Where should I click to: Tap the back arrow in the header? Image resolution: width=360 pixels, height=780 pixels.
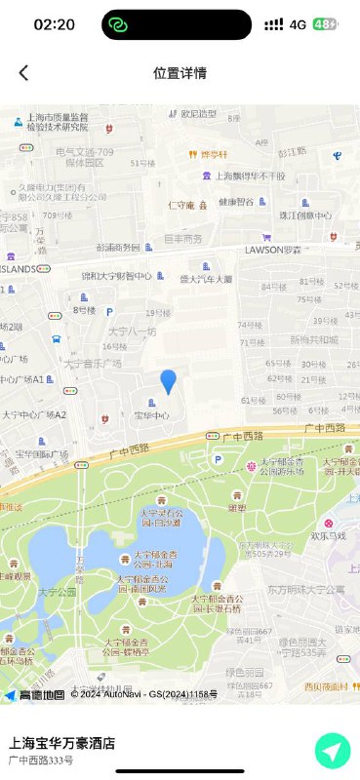pos(23,73)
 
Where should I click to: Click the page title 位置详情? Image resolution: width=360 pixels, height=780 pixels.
pos(180,73)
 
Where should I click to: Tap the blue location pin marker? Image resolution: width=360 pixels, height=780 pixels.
pos(169,381)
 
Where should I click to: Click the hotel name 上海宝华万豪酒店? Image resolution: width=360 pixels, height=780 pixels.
pos(62,743)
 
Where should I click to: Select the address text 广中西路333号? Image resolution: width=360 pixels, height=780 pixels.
pos(41,760)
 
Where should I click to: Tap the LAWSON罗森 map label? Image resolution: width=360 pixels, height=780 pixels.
pos(272,250)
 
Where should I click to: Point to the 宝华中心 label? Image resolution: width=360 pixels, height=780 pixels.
pos(151,415)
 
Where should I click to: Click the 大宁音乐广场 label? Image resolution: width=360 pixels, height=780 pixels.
pos(93,363)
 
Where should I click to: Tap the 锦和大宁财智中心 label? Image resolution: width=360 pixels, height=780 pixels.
pos(116,276)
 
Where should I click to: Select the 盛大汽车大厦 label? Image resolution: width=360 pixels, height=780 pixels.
pos(206,279)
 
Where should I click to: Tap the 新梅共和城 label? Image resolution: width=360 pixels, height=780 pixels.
pos(313,340)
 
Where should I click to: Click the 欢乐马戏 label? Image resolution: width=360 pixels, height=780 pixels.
pos(329,535)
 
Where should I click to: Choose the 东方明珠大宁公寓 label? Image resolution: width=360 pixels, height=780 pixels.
pos(305,589)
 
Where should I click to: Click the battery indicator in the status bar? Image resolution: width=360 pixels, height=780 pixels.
pos(326,24)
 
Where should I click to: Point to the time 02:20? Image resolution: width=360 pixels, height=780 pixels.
pos(54,24)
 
